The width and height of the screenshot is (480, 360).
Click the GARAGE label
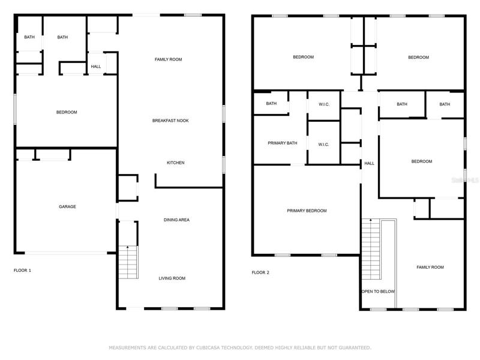[67, 206]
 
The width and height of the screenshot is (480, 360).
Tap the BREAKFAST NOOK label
[170, 121]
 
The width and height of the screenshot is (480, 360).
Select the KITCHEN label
[175, 163]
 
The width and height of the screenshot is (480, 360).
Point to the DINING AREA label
[176, 220]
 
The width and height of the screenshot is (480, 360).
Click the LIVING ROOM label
[172, 278]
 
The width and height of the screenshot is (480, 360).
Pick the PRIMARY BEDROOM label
[307, 211]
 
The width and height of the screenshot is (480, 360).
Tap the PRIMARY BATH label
[282, 143]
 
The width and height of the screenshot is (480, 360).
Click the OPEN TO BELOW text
[378, 292]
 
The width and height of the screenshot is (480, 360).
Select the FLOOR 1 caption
[22, 271]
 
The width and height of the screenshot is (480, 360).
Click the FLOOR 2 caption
[260, 272]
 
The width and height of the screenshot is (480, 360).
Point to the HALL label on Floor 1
[96, 67]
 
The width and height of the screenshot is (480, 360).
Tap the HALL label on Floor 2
[369, 163]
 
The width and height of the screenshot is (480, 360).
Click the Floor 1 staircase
[128, 262]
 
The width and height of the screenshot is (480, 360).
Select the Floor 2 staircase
[371, 249]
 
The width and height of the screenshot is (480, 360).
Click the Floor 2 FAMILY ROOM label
[430, 267]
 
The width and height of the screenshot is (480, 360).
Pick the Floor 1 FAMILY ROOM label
[169, 59]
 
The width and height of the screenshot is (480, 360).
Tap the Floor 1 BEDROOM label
[67, 112]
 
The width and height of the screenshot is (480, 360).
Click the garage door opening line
[66, 253]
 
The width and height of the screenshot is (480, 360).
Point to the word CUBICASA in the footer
[208, 347]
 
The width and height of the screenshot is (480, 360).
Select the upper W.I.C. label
[324, 104]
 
